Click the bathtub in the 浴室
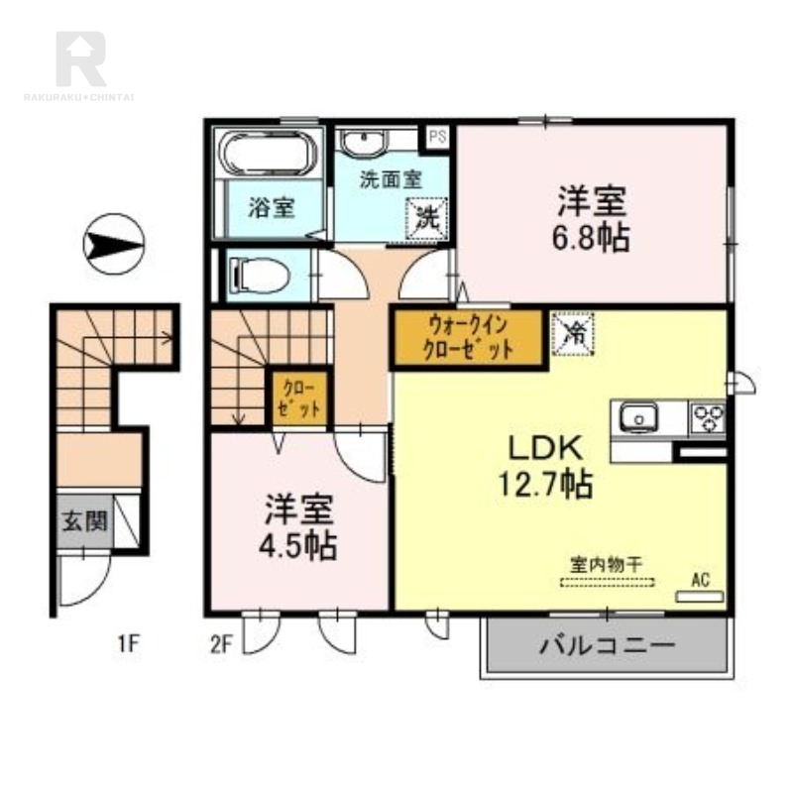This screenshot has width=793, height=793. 270,154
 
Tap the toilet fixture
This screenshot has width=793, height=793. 260,277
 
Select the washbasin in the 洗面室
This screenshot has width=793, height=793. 363,143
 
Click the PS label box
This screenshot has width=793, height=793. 437,137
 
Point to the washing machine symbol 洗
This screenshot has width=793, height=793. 427,219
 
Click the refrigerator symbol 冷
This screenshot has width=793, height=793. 573,333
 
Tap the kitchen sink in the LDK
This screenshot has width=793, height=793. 638,418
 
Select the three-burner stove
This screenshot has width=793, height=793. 707,417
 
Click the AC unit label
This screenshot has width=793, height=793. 701,580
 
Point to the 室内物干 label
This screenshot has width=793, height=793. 606,564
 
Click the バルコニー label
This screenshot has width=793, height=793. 608,645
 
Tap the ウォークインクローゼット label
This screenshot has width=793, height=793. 468,337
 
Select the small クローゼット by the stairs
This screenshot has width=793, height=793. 299,398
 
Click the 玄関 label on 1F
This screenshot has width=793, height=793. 84,521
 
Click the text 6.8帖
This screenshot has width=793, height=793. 591,237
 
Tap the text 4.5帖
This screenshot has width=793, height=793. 297,545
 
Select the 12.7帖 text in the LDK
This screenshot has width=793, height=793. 546,484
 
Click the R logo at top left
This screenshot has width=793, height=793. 80,58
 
